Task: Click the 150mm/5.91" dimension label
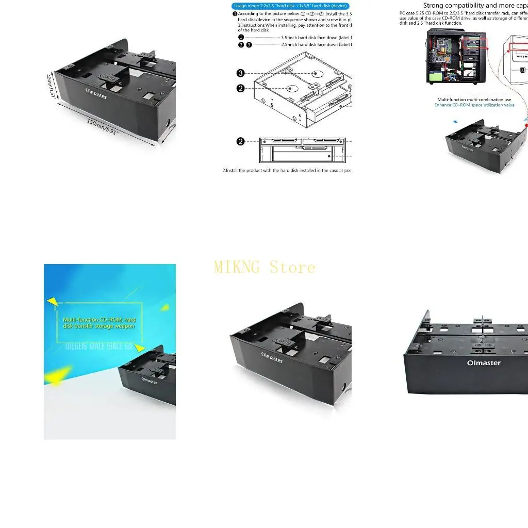point(103,127)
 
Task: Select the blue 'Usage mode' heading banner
point(290,6)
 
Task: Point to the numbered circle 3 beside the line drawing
point(240,73)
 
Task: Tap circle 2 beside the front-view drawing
point(240,141)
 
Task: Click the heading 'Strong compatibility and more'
point(474,6)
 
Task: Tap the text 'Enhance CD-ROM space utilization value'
point(474,105)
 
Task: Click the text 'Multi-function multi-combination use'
point(474,100)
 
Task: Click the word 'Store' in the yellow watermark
point(292,267)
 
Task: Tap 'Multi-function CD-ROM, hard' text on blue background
point(100,320)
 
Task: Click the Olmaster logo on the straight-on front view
point(484,362)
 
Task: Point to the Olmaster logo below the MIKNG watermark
point(272,357)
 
